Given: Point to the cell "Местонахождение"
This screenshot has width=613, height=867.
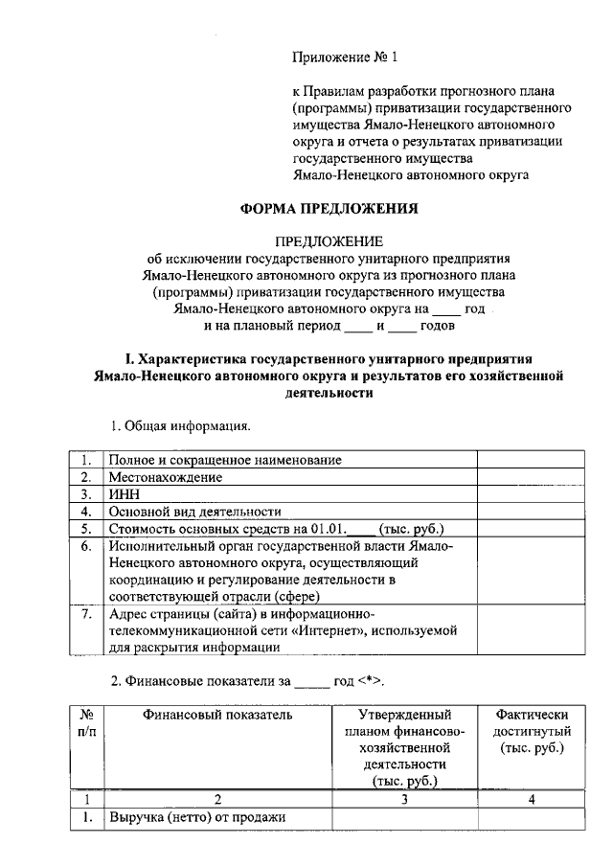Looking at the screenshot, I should (165, 477).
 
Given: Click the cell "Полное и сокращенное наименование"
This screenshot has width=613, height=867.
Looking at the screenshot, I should (225, 460).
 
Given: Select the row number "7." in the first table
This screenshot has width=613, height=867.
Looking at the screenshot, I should (85, 614).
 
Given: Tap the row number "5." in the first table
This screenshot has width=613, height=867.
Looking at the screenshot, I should (85, 529).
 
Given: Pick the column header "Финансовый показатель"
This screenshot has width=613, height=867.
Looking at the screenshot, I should (217, 715).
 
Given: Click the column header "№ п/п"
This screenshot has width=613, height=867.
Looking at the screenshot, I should (85, 723).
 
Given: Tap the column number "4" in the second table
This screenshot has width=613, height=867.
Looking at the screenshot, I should (532, 800).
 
